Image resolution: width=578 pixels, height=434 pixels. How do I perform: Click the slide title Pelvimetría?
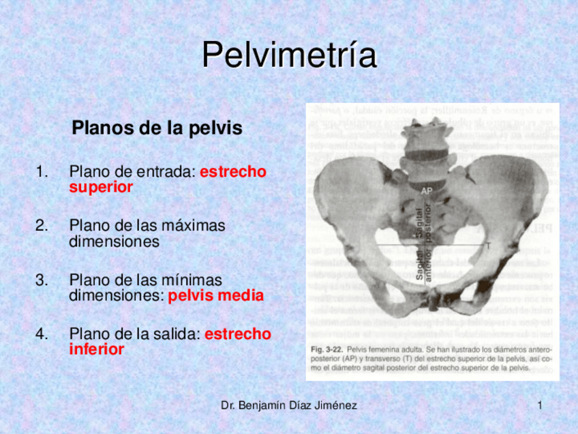point(289,55)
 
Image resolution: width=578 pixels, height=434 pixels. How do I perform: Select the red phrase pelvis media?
point(215,297)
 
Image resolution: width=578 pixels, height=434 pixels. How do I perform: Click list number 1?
point(43,172)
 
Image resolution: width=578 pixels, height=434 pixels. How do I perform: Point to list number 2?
point(43,225)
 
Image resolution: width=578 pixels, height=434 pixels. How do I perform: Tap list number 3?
point(43,280)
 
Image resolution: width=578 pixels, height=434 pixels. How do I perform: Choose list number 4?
point(43,334)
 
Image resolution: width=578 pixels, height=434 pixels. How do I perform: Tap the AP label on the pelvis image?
point(426,191)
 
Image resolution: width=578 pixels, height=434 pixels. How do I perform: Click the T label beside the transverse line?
point(488,244)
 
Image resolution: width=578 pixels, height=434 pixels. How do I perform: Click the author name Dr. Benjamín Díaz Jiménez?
point(289,406)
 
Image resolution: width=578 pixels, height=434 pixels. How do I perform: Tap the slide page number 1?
point(540,406)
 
